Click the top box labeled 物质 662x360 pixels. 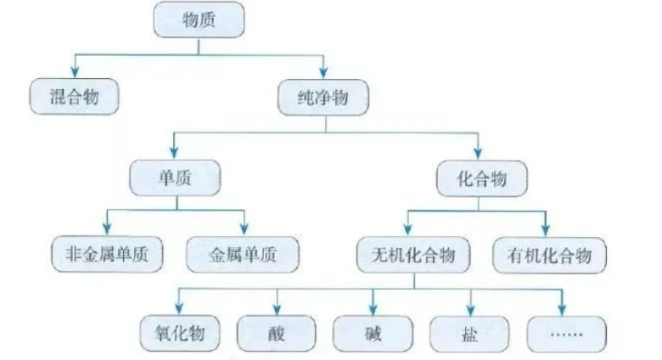[199, 20]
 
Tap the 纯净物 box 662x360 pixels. [324, 96]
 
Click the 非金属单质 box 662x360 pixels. [106, 253]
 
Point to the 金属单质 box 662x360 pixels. [243, 253]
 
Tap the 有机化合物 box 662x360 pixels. [548, 253]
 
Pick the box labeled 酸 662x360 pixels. [277, 332]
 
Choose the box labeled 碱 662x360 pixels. [373, 332]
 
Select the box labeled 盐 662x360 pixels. [470, 332]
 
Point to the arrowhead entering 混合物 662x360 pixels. [74, 71]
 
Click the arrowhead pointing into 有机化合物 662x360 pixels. [546, 230]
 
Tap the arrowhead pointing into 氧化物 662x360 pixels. [178, 307]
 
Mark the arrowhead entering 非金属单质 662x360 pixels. [107, 230]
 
